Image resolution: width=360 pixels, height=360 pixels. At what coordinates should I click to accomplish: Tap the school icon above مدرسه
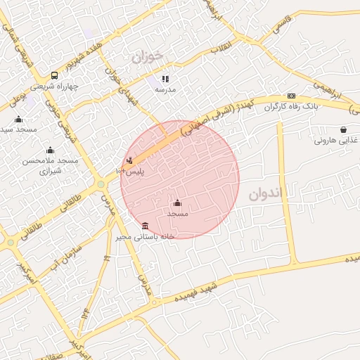165,79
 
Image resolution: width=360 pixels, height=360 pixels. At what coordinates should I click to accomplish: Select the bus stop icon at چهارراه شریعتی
54,76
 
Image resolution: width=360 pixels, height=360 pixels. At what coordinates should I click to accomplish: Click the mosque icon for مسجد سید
18,119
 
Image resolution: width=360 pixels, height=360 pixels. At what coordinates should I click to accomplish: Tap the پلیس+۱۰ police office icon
129,160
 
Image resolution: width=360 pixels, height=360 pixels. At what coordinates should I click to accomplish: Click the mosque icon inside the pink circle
177,203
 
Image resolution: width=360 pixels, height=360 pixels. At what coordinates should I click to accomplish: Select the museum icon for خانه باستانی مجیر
145,226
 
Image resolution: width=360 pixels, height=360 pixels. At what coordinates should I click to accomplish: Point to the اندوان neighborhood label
265,193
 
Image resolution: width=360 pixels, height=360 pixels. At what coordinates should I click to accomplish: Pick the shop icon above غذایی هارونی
342,129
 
